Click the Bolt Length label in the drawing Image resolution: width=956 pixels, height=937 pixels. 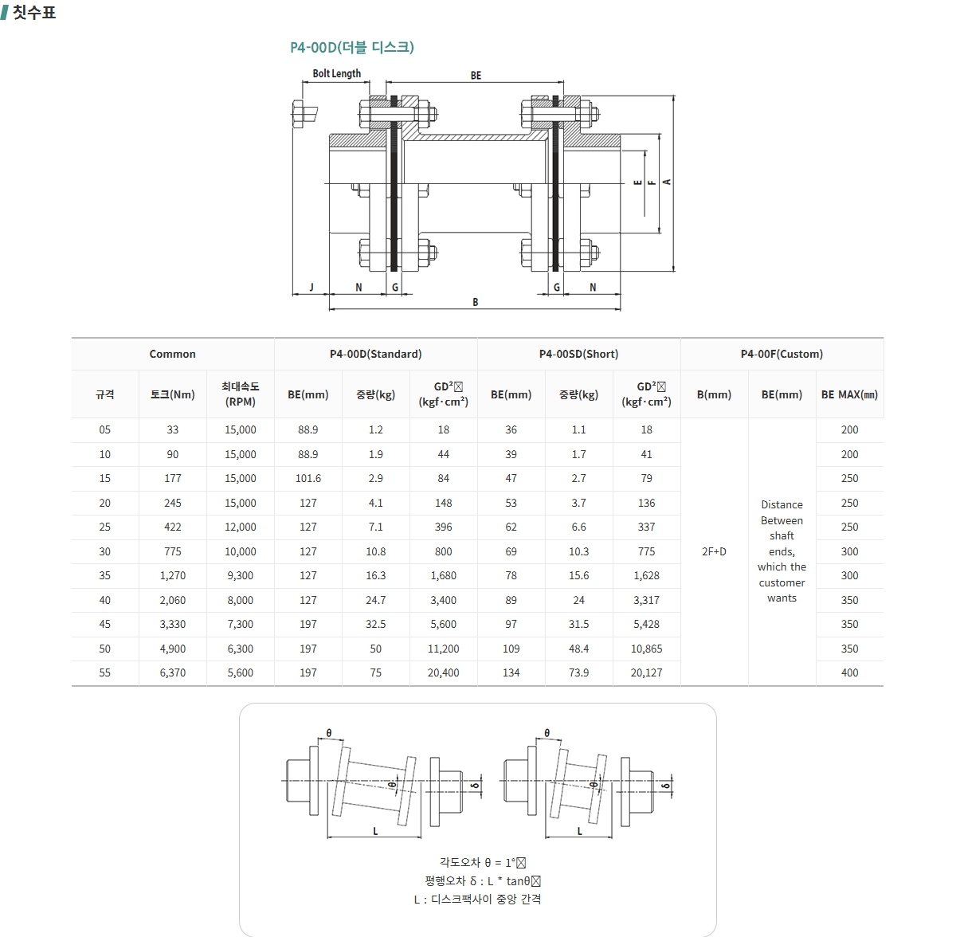pyautogui.click(x=336, y=73)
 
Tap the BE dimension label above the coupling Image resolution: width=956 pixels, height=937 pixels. pyautogui.click(x=476, y=76)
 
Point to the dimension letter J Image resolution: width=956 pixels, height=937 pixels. pyautogui.click(x=311, y=287)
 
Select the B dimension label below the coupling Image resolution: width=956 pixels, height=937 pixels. pyautogui.click(x=475, y=302)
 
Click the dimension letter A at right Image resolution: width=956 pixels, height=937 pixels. pyautogui.click(x=667, y=182)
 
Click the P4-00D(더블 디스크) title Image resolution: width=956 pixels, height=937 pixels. pyautogui.click(x=352, y=47)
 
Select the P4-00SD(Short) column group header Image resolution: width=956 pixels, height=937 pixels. pyautogui.click(x=578, y=354)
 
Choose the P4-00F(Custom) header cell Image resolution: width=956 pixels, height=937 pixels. pyautogui.click(x=782, y=354)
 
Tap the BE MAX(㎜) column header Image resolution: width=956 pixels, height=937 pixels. pyautogui.click(x=849, y=394)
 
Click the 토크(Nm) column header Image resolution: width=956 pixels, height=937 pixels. pyautogui.click(x=173, y=394)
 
